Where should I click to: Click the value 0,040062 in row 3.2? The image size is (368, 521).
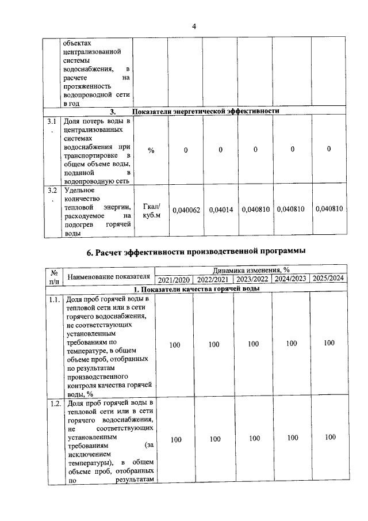[x=186, y=210]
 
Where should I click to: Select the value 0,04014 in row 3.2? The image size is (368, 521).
[x=221, y=210]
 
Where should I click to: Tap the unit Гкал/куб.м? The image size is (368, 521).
[x=151, y=211]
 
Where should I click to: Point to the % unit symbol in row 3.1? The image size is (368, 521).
[x=151, y=150]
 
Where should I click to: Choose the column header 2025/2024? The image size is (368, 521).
[x=328, y=279]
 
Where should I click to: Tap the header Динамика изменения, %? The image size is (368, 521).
[x=251, y=269]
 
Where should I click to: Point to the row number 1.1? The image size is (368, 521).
[x=55, y=300]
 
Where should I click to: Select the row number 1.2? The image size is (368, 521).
[x=55, y=402]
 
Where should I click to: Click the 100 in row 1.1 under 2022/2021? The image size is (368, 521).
[x=214, y=344]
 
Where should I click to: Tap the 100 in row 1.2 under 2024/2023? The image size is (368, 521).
[x=292, y=438]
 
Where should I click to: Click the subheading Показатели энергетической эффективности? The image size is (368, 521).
[x=205, y=111]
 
